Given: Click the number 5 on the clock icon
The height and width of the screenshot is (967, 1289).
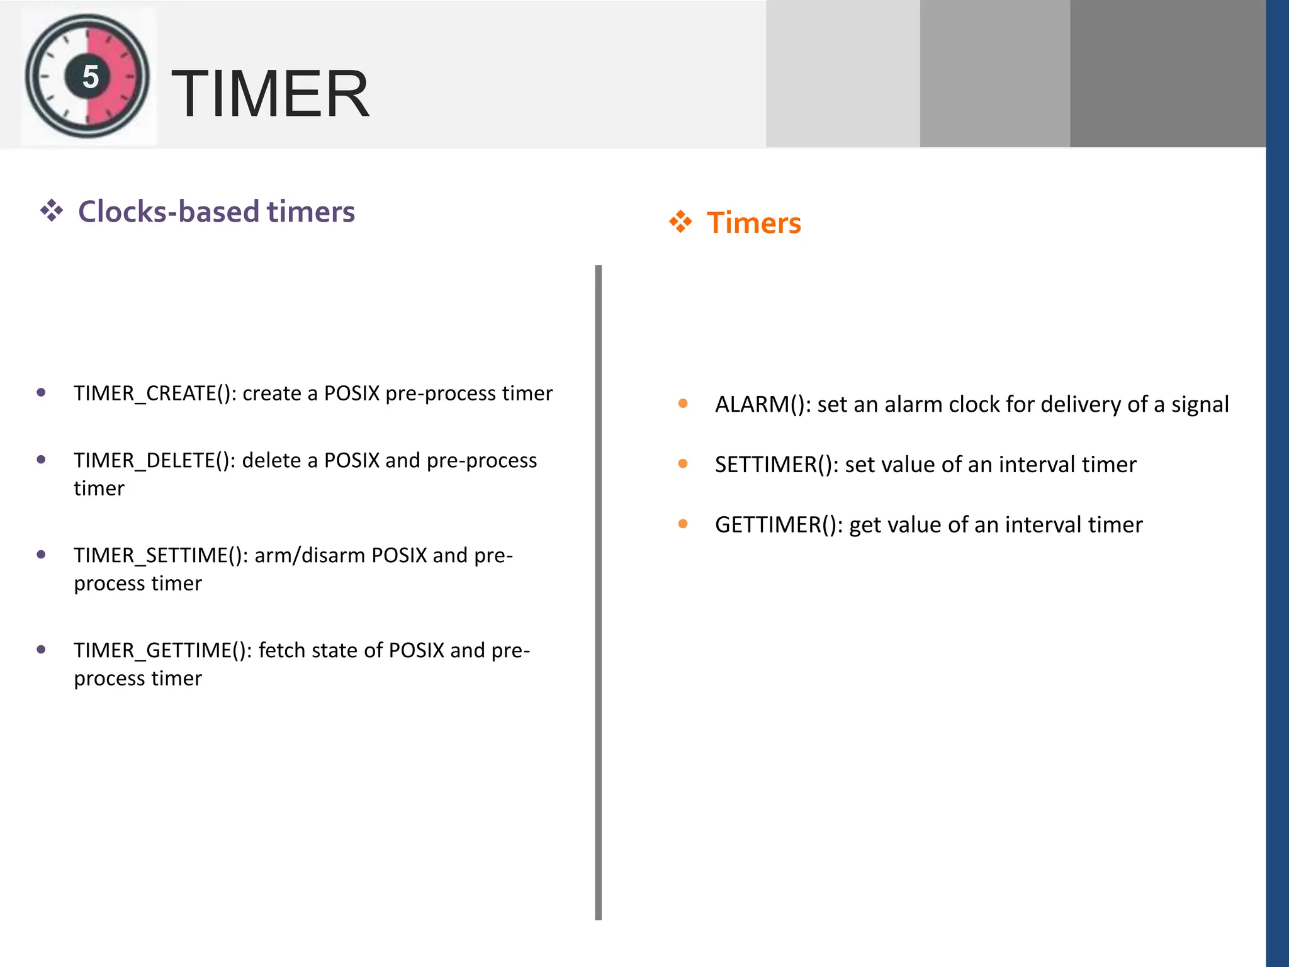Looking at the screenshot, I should pos(91,77).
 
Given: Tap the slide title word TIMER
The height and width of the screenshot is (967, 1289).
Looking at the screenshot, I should pos(270,94).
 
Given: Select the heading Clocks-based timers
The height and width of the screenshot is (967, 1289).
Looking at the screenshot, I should pos(216,212).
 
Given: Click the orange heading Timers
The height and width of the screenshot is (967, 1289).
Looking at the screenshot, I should pos(753,223).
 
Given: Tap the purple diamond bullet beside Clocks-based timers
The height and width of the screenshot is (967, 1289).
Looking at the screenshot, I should pos(52,211).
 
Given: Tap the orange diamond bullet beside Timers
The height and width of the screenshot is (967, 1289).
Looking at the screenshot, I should pos(680,222).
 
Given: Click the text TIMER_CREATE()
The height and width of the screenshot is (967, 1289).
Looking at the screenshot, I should pos(155,393).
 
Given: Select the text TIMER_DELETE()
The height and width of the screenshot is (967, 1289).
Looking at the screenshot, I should pos(154,461).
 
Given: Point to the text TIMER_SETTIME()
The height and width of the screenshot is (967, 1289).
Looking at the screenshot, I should pos(160,556).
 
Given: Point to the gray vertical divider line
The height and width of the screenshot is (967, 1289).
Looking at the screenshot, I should pos(598,592).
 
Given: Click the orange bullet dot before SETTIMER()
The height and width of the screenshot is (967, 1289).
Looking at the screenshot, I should pos(683,464).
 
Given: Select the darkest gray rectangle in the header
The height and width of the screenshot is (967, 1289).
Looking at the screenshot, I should pos(1168,74).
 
